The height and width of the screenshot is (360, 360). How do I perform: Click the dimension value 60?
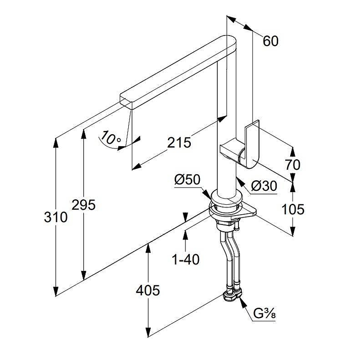[x=270, y=41]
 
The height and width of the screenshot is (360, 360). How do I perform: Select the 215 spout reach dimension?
[x=179, y=142]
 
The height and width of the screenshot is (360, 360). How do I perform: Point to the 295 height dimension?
[x=84, y=205]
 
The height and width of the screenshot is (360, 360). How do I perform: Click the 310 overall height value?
[x=55, y=217]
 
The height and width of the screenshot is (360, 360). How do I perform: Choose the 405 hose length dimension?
[x=148, y=291]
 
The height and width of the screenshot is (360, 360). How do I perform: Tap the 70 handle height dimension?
[x=292, y=165]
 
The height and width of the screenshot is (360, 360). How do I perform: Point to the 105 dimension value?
[x=293, y=209]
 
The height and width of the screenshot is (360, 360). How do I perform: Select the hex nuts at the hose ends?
[x=232, y=296]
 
